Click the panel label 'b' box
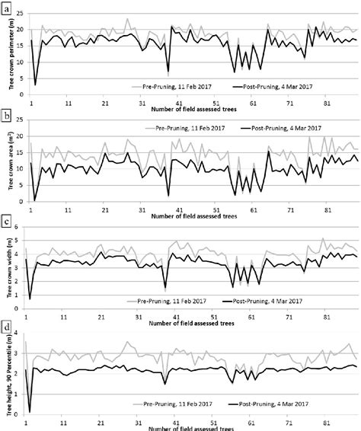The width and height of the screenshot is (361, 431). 7,116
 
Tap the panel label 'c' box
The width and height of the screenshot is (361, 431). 7,222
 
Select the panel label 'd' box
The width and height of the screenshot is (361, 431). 7,328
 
